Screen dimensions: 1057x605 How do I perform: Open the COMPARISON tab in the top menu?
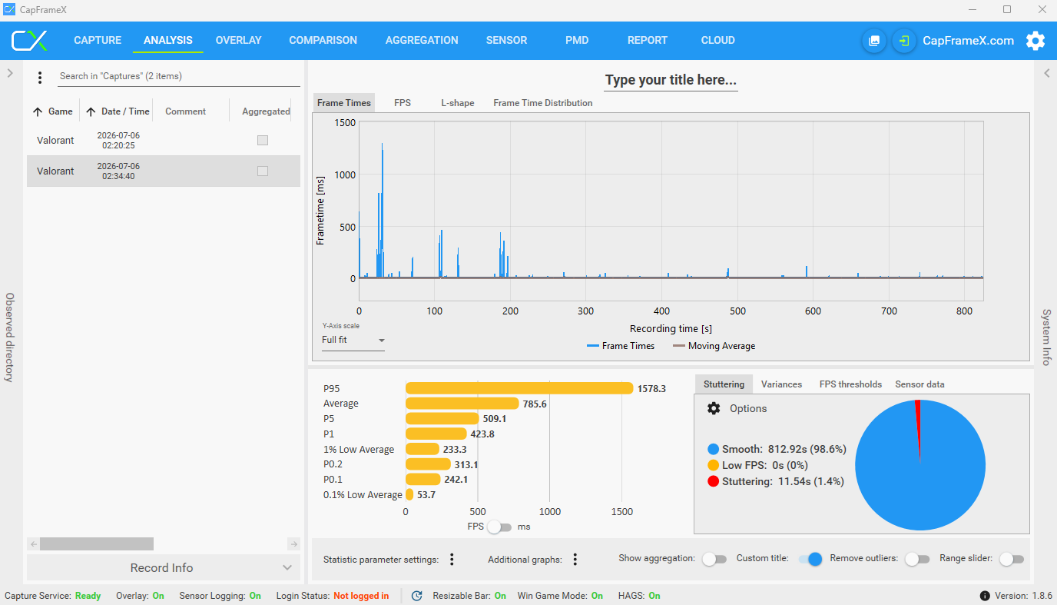[323, 40]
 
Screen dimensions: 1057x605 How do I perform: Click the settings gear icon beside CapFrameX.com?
[1035, 41]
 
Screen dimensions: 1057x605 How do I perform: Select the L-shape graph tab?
[457, 103]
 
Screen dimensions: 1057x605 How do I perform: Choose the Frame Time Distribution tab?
[542, 103]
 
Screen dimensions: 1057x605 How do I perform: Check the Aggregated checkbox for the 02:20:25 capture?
[263, 140]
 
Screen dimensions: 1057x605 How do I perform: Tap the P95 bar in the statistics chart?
[519, 388]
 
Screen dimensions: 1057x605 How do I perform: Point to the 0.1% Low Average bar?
[409, 494]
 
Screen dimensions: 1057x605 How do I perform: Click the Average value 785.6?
[534, 404]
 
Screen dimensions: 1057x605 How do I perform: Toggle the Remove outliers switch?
[917, 559]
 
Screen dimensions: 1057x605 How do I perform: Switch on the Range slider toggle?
[1011, 559]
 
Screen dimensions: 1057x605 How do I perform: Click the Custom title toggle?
[810, 559]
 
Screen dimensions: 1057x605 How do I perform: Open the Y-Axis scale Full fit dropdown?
[353, 340]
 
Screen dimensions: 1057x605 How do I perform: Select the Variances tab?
[781, 384]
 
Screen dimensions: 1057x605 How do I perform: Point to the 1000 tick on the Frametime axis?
[345, 175]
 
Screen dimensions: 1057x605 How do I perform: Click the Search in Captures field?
[178, 76]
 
